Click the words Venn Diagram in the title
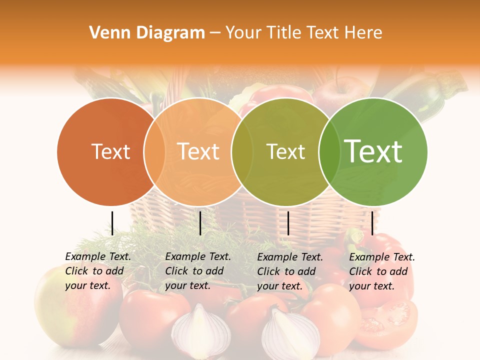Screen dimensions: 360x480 147,33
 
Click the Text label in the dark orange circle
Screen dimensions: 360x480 110,151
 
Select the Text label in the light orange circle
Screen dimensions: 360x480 198,151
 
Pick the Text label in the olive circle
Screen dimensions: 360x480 285,151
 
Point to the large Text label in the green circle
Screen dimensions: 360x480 373,151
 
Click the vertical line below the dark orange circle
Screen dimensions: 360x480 112,223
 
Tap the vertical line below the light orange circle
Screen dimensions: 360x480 200,223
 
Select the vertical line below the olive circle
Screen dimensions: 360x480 288,223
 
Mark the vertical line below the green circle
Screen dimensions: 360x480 372,223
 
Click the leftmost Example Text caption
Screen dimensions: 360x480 97,271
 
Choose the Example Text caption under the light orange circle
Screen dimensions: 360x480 197,271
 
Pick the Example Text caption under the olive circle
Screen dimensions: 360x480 289,271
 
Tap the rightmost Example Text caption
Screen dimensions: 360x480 381,271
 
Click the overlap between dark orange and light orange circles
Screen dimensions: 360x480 154,151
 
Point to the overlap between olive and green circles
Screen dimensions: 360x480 329,151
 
